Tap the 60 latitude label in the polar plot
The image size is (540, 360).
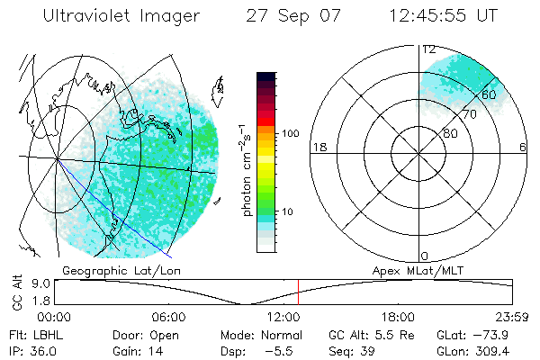(x=490, y=94)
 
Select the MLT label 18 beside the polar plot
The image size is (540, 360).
(x=319, y=148)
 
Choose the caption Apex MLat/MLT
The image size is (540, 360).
(x=410, y=270)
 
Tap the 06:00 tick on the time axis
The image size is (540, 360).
(x=168, y=317)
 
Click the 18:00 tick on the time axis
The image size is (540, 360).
(x=398, y=317)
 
